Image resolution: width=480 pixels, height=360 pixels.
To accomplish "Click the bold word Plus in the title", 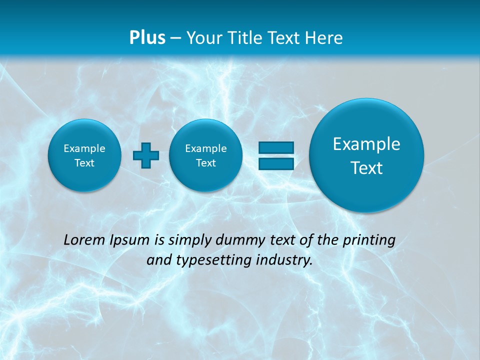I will [147, 37].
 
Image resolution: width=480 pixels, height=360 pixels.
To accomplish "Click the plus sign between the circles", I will [146, 155].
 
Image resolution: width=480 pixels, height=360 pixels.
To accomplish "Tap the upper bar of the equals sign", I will [275, 147].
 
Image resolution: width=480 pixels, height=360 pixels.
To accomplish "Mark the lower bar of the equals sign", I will [275, 163].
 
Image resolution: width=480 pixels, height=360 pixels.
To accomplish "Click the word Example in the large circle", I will [366, 144].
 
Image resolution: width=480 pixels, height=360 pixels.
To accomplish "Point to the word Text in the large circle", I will [366, 168].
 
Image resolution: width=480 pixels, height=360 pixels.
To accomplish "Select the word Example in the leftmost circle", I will [84, 148].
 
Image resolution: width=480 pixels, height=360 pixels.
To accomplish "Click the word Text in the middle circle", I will [205, 163].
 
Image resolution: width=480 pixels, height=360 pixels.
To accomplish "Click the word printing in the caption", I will [369, 240].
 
